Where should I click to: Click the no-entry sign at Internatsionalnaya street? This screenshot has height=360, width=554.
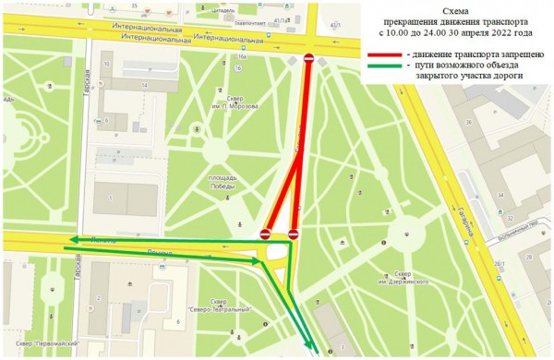coord(308,59)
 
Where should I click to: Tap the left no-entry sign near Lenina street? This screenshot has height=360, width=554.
coord(265,234)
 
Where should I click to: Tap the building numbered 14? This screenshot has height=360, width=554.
coord(144,85)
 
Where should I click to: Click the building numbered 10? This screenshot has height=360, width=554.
coord(107,64)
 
